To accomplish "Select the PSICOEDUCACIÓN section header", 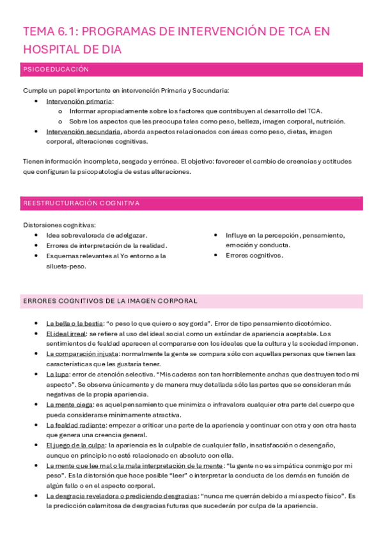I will tap(56, 69).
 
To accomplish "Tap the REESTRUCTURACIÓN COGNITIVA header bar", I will tap(81, 203).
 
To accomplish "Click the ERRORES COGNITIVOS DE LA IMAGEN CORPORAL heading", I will tap(110, 300).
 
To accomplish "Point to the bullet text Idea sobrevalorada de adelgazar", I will tap(97, 235).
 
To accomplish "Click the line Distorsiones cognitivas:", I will tap(59, 225).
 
